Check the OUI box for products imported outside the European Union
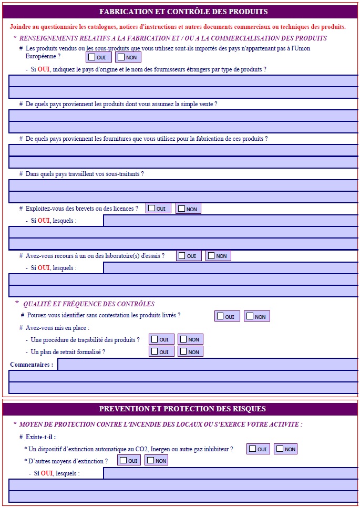pyautogui.click(x=92, y=57)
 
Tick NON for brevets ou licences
pyautogui.click(x=181, y=209)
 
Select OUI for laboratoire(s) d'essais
pyautogui.click(x=182, y=256)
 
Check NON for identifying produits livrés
pyautogui.click(x=250, y=316)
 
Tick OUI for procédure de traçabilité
pyautogui.click(x=155, y=339)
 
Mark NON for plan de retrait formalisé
pyautogui.click(x=183, y=351)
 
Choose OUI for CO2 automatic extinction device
pyautogui.click(x=252, y=449)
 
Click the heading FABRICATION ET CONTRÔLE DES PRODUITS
pyautogui.click(x=183, y=12)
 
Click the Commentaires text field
pyautogui.click(x=207, y=365)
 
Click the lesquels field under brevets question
pyautogui.click(x=230, y=221)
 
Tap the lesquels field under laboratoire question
pyautogui.click(x=230, y=268)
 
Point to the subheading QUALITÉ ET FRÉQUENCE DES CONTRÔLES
pyautogui.click(x=89, y=304)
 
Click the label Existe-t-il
pyautogui.click(x=40, y=437)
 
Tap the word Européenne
pyautogui.click(x=42, y=56)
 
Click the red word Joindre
pyautogui.click(x=20, y=27)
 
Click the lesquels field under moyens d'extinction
pyautogui.click(x=230, y=473)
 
